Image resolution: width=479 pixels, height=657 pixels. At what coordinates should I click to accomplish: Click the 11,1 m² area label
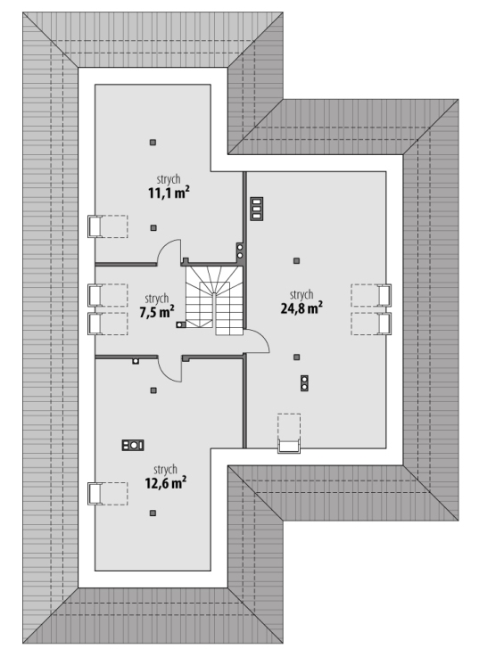[169, 193]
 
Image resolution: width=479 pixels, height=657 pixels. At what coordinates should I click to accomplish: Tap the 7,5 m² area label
[156, 312]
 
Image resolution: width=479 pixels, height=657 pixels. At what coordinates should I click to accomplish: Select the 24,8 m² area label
[301, 308]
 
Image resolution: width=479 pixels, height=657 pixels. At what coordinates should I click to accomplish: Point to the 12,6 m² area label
[166, 482]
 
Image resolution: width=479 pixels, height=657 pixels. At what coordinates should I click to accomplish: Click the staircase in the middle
[215, 300]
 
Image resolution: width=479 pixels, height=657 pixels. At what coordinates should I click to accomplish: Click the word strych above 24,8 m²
[301, 295]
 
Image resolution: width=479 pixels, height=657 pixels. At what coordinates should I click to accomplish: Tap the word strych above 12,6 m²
[165, 469]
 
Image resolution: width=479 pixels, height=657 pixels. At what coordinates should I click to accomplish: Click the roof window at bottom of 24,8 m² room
[289, 433]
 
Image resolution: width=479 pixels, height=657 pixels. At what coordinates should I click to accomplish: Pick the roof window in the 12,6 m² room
[107, 493]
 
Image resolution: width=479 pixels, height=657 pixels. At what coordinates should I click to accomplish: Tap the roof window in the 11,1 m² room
[107, 226]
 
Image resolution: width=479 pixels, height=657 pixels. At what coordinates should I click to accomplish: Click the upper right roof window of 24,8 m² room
[371, 295]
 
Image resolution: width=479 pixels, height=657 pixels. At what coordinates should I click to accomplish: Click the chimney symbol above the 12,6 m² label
[133, 445]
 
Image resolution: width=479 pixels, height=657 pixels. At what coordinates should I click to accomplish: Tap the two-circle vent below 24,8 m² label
[304, 383]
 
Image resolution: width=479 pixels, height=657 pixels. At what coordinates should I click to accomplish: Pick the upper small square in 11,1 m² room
[153, 143]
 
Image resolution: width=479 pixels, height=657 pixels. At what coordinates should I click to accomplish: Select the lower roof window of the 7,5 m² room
[107, 324]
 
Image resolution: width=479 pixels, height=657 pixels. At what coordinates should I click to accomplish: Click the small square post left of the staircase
[181, 324]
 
